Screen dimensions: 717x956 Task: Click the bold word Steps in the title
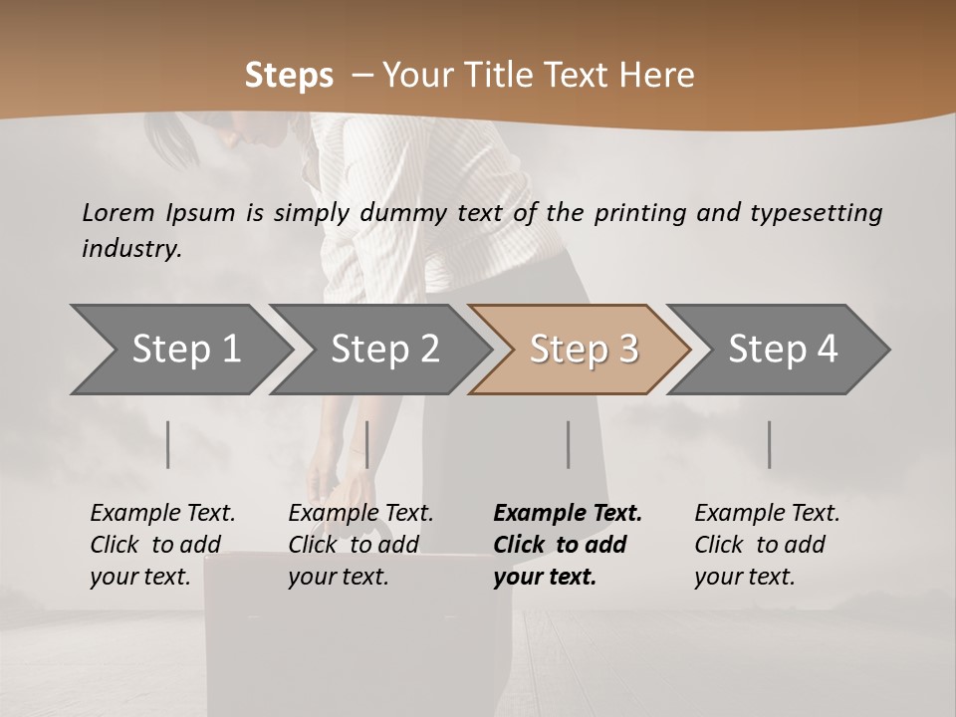(289, 76)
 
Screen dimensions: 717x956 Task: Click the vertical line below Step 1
(168, 444)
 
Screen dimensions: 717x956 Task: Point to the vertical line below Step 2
(367, 444)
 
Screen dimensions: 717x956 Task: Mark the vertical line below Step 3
(569, 444)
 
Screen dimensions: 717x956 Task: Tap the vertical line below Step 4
(770, 444)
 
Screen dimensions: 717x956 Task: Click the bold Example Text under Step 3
(568, 514)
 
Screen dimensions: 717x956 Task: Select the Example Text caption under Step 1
(162, 514)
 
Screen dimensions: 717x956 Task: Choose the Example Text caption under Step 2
(360, 514)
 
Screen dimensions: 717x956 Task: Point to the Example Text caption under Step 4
(767, 514)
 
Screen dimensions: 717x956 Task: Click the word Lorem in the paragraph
(118, 213)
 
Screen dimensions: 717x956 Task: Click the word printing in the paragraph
(636, 213)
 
